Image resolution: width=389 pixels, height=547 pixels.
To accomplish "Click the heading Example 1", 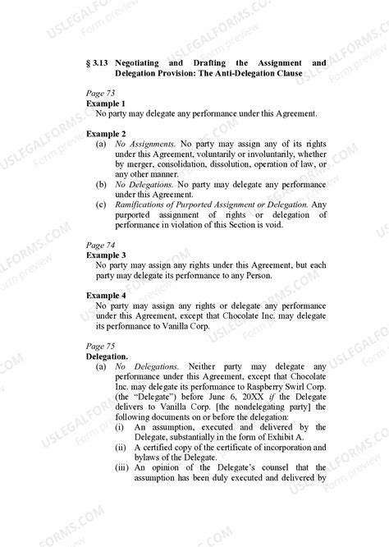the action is tap(106, 103).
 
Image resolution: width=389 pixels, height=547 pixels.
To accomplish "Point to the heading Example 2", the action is tap(106, 133).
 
